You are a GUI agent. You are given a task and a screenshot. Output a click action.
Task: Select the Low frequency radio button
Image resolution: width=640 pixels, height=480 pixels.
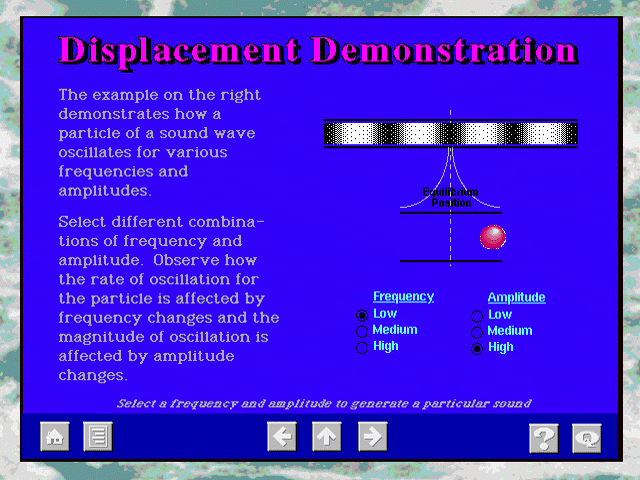[x=362, y=316]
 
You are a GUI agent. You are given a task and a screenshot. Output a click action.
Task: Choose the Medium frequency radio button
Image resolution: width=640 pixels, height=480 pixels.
[x=362, y=331]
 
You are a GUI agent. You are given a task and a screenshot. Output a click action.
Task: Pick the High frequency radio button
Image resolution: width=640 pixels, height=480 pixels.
[x=362, y=348]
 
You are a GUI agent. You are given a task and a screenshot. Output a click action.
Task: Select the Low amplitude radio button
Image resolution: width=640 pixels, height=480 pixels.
[x=477, y=316]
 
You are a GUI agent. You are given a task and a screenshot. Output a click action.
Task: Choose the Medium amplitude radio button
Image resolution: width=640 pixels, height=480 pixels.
[x=477, y=333]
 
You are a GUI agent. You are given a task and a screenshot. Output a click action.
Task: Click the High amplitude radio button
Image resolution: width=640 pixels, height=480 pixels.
[x=477, y=349]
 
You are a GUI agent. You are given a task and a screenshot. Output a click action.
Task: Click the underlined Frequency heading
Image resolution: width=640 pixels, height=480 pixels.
[x=403, y=297]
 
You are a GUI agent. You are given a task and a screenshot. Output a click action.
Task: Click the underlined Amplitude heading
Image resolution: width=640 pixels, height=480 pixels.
[x=516, y=298]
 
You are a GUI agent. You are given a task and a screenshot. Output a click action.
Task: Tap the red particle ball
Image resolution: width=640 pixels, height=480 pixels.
[x=493, y=237]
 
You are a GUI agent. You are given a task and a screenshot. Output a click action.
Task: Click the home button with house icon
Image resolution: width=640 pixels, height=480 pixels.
[x=55, y=436]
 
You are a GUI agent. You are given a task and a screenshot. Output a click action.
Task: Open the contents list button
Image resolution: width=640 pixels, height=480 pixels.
[x=98, y=436]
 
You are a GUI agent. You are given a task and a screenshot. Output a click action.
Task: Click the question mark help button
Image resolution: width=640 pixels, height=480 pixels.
[x=544, y=438]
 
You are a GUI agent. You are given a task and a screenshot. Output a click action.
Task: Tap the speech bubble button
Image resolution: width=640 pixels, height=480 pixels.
[x=587, y=438]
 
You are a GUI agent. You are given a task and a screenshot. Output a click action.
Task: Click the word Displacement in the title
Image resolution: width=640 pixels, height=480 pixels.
[x=180, y=52]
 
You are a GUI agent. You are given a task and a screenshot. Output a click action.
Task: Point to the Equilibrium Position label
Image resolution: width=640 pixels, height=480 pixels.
[x=451, y=198]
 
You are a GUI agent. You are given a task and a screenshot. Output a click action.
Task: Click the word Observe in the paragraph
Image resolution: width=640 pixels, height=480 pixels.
[x=183, y=260]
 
